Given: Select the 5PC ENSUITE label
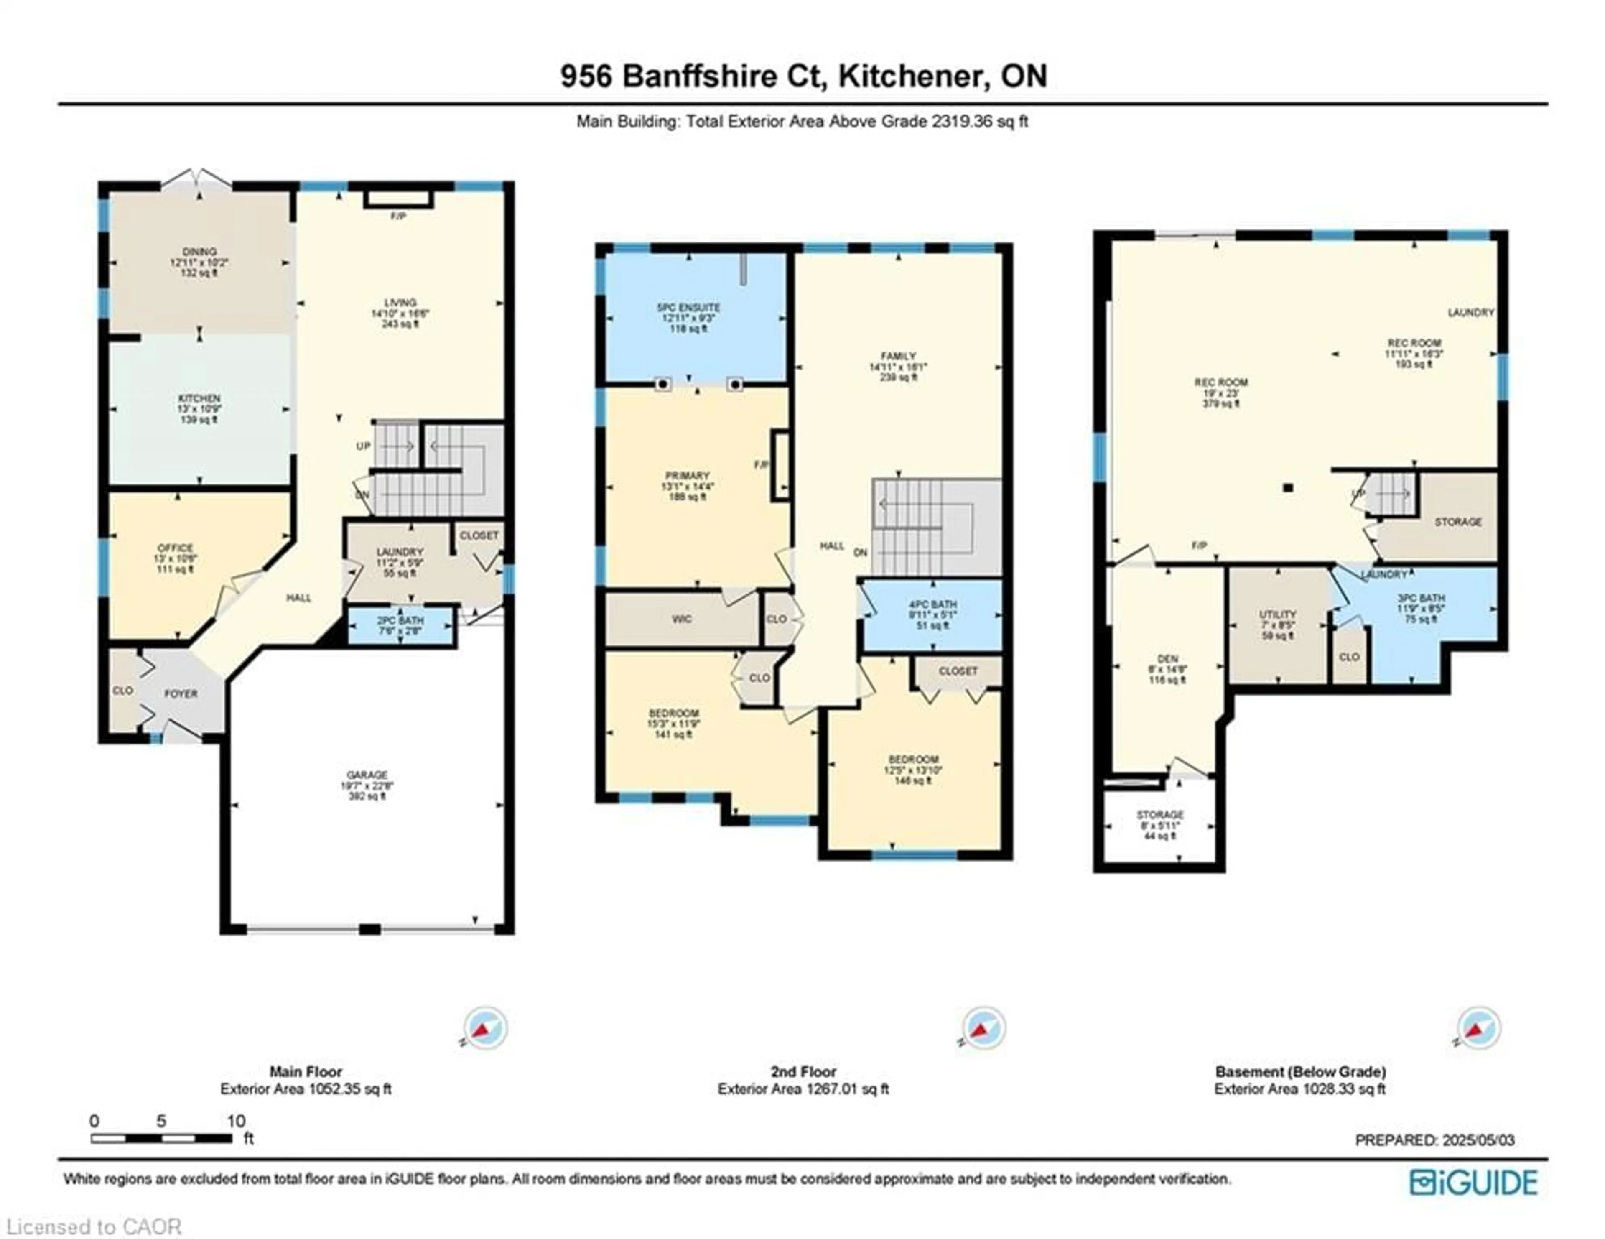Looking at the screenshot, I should tap(688, 307).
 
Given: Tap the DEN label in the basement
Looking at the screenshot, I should tap(1167, 659).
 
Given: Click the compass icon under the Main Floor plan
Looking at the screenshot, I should tap(484, 1028).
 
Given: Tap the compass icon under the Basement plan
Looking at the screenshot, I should tap(1478, 1028).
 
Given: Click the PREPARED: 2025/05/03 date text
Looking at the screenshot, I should tap(1434, 1140).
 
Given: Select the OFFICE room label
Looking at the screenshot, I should tap(175, 548).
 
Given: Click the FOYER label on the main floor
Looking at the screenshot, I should tap(181, 693).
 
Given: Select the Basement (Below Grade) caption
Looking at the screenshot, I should tap(1300, 1071).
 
